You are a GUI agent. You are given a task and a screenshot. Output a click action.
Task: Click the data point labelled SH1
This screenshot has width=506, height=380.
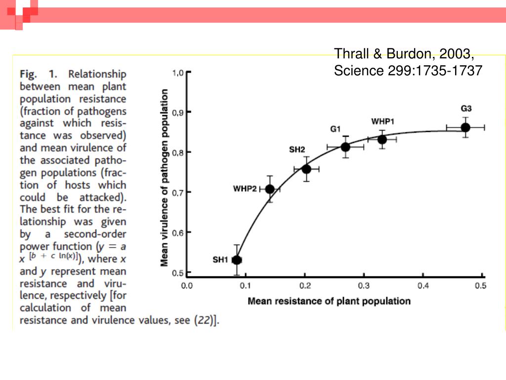237,260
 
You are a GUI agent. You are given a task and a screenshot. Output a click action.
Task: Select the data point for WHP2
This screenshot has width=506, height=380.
270,189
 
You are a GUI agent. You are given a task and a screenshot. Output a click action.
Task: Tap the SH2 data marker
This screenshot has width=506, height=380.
306,169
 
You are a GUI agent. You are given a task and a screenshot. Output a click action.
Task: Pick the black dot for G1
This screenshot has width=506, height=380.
345,147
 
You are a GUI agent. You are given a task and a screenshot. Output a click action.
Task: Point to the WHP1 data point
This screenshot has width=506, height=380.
382,140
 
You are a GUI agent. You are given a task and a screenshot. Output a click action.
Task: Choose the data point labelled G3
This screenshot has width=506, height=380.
465,128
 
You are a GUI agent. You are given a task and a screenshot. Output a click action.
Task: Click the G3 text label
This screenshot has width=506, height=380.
466,109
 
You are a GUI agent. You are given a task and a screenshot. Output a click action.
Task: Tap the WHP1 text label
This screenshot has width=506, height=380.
382,122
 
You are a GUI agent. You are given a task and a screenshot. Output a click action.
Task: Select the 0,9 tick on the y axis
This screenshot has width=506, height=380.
178,112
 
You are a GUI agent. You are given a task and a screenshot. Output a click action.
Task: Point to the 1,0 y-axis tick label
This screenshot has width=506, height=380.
178,73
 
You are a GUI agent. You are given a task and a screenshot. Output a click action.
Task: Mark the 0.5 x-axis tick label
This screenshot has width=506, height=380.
480,285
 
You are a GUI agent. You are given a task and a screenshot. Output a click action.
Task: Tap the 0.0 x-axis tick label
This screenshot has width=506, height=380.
187,285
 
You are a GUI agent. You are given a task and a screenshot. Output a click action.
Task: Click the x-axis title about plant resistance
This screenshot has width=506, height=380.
329,301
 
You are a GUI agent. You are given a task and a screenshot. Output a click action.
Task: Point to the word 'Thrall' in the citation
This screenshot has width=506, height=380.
349,53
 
